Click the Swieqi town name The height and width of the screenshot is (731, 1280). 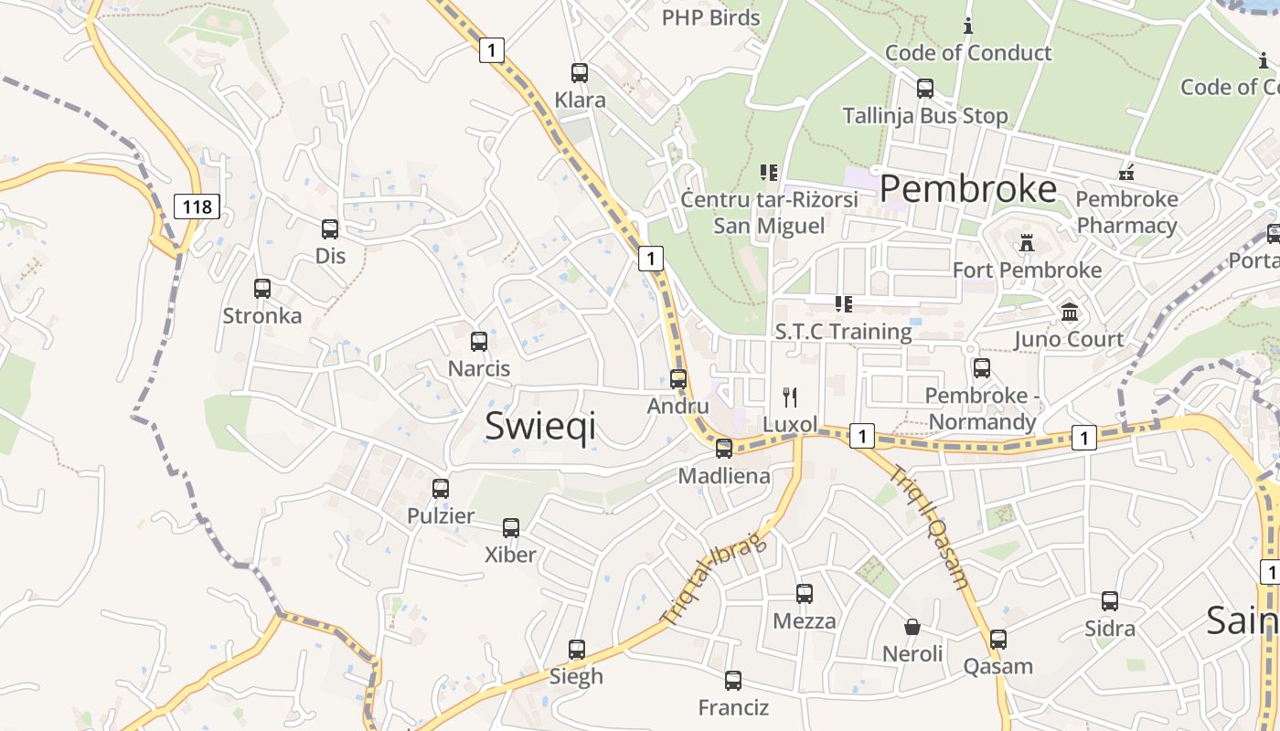coord(539,426)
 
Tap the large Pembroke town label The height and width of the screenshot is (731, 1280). coord(968,189)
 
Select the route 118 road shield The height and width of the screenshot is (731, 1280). coord(197,207)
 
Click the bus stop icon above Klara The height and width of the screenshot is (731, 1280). coord(579,73)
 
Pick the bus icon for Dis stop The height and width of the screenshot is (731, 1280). coord(330,229)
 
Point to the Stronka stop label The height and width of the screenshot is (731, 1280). coord(262,316)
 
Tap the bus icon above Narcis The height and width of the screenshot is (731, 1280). coord(478,342)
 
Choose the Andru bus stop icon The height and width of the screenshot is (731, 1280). coord(677,379)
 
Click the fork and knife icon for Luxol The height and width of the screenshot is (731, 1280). coord(790,397)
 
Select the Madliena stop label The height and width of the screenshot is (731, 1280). coord(724,476)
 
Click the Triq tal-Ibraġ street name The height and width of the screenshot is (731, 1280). coord(713,579)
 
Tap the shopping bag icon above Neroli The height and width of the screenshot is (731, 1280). coord(912,627)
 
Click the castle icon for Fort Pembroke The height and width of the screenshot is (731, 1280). coord(1026,243)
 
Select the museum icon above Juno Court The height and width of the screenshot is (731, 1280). coord(1069,313)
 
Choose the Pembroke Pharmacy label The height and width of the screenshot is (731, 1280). coord(1126,212)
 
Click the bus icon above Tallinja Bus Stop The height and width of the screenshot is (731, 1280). coord(924,89)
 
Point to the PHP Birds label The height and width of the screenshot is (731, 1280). coord(710,17)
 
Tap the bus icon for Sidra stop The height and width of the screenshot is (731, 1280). coord(1109,601)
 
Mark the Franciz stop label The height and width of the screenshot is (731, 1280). coord(733,708)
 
